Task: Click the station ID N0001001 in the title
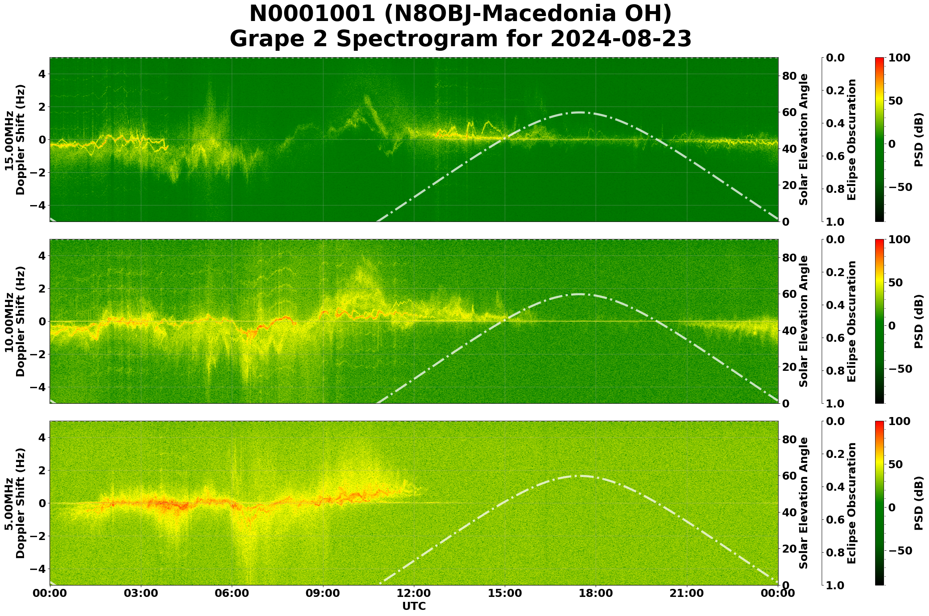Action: pos(312,14)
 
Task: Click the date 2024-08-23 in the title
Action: pos(620,39)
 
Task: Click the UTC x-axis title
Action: pos(414,606)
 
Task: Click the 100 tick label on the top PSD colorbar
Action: pos(899,58)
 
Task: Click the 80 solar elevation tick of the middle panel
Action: pos(790,258)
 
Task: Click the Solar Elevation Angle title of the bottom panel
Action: pos(804,503)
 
